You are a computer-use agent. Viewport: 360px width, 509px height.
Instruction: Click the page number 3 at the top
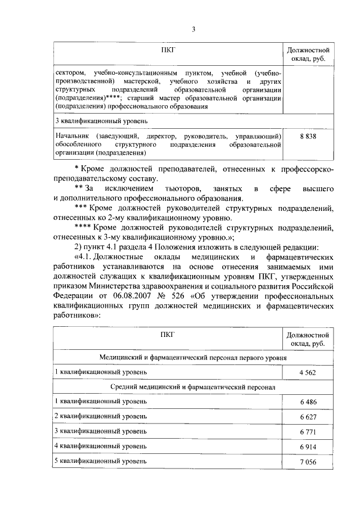(192, 29)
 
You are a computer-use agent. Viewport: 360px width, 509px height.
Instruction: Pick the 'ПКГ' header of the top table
(168, 50)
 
